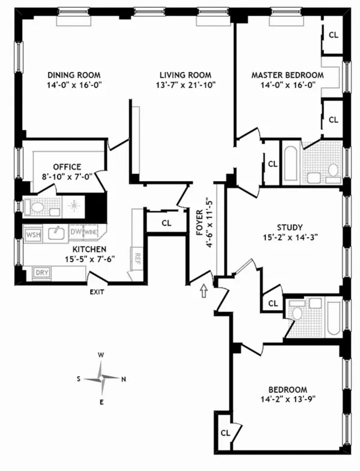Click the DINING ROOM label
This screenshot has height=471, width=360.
click(73, 75)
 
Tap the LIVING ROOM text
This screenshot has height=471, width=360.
click(185, 75)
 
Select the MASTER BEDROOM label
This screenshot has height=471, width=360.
click(287, 75)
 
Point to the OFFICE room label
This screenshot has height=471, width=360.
click(67, 167)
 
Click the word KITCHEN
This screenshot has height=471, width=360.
click(89, 249)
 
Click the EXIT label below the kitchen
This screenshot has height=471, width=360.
click(97, 292)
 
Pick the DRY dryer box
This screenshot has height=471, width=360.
click(41, 272)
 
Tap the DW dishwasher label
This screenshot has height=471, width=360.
click(76, 232)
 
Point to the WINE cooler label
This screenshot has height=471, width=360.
click(90, 232)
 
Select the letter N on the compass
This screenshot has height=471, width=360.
click(124, 379)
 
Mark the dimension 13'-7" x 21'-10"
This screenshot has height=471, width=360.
click(185, 85)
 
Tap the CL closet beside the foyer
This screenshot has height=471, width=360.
click(166, 223)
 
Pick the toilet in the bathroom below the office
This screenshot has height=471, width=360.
click(37, 208)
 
